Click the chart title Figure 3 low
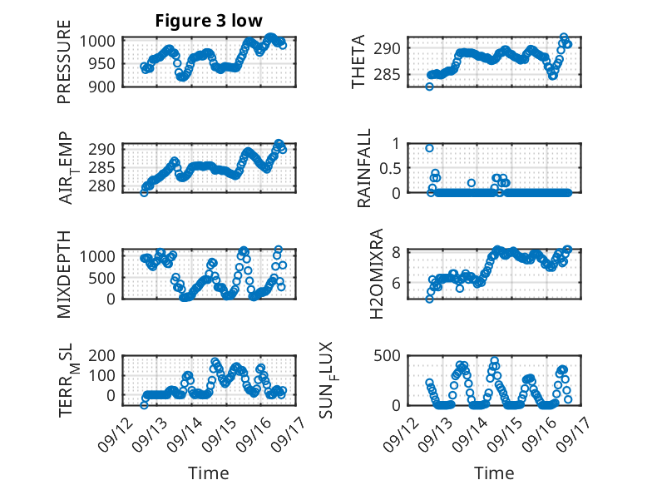pyautogui.click(x=209, y=21)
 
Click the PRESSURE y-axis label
pyautogui.click(x=64, y=62)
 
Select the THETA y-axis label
pyautogui.click(x=358, y=62)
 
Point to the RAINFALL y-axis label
pyautogui.click(x=364, y=168)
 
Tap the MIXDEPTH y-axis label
pyautogui.click(x=64, y=275)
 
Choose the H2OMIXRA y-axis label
pyautogui.click(x=377, y=274)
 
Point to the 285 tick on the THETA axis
pyautogui.click(x=387, y=75)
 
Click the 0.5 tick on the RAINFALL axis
pyautogui.click(x=389, y=168)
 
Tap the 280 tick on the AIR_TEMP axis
pyautogui.click(x=102, y=186)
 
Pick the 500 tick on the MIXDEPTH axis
pyautogui.click(x=102, y=278)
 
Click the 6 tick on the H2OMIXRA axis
pyautogui.click(x=396, y=283)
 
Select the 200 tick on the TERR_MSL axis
pyautogui.click(x=102, y=355)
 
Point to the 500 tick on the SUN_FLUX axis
pyautogui.click(x=387, y=355)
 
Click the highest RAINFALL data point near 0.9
pyautogui.click(x=429, y=148)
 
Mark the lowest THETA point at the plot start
pyautogui.click(x=429, y=87)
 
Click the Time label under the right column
pyautogui.click(x=494, y=473)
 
